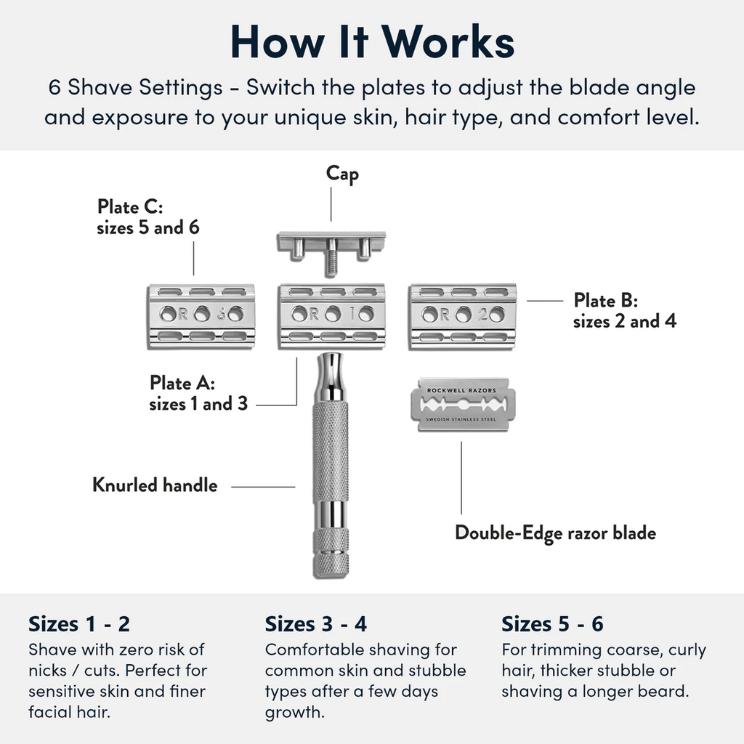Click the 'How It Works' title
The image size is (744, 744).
(372, 42)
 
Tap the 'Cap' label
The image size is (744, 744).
(341, 174)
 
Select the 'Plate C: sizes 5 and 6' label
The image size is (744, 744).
(148, 217)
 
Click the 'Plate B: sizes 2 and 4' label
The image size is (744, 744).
(624, 310)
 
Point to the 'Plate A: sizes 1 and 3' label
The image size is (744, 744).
(198, 393)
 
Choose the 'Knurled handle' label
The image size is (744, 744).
(155, 485)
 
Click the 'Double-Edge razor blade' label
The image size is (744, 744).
(555, 533)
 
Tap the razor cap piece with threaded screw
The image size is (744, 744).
(331, 243)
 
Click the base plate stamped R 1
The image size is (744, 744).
(332, 314)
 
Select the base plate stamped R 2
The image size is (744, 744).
(463, 314)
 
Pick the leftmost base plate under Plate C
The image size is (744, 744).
(201, 314)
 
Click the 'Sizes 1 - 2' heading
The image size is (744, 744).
(78, 624)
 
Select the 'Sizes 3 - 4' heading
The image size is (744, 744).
(316, 624)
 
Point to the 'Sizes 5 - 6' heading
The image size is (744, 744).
(552, 624)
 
